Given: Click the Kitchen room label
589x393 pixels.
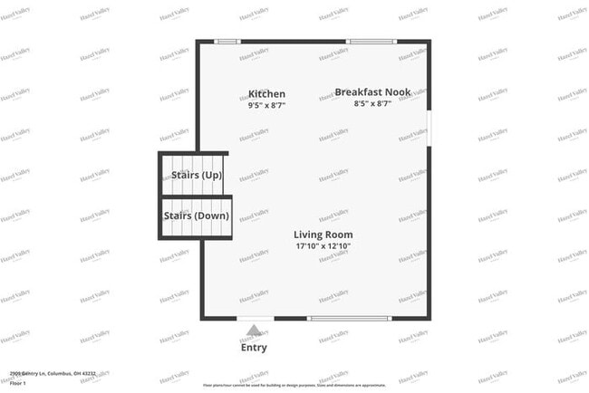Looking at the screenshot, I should point(266,94).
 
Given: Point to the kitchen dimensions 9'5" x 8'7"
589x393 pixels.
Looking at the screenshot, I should point(266,106).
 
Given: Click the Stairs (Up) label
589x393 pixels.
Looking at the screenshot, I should point(197,176).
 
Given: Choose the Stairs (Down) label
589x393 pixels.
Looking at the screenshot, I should point(197,216).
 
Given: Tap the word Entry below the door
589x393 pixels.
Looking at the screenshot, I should point(254,348).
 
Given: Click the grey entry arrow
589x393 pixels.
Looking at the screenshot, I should point(255,331).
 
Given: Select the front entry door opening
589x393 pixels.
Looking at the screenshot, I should point(256,318).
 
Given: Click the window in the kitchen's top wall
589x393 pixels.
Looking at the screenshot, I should point(228,41).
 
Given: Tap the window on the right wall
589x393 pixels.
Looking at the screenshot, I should point(429,125).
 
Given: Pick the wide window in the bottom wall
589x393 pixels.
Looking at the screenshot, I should point(351,318).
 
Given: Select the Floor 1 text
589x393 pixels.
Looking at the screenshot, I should point(19,383).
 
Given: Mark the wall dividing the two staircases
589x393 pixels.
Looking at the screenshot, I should point(197,196).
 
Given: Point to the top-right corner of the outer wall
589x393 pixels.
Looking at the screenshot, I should point(429,41).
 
